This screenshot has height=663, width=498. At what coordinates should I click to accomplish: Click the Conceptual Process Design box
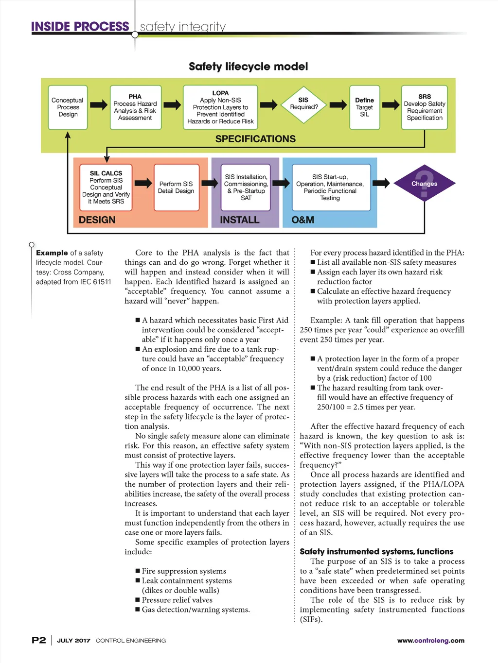click(x=68, y=107)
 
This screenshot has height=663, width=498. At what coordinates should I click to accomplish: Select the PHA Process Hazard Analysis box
click(x=135, y=107)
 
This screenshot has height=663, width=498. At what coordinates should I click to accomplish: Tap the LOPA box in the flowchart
click(x=220, y=107)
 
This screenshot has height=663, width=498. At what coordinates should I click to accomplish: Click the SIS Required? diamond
click(x=304, y=104)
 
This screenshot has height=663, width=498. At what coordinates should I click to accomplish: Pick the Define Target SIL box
click(x=364, y=107)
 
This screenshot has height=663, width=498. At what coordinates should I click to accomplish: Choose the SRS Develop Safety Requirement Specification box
click(x=424, y=107)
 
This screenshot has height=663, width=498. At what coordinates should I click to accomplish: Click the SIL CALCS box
click(x=106, y=187)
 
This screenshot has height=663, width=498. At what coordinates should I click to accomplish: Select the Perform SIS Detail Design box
click(x=176, y=187)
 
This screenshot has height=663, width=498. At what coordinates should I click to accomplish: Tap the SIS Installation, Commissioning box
click(x=246, y=187)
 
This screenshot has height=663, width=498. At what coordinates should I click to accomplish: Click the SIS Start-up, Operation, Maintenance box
click(x=331, y=187)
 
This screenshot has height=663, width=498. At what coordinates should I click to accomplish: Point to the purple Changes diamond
click(x=424, y=184)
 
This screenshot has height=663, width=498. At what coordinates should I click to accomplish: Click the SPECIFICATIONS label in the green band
click(x=255, y=139)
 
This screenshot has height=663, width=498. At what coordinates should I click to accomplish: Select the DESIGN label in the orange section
click(x=97, y=220)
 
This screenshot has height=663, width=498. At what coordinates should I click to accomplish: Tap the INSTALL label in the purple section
click(x=240, y=220)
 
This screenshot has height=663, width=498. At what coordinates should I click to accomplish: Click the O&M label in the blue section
click(x=303, y=220)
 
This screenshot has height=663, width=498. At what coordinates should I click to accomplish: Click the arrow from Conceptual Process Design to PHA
click(x=99, y=105)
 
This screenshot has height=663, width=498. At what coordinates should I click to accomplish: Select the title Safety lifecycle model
click(x=248, y=67)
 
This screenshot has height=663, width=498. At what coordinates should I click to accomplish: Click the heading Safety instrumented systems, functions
click(x=376, y=552)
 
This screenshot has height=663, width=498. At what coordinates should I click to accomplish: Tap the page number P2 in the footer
click(x=39, y=640)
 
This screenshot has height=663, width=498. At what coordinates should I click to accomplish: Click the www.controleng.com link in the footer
click(x=430, y=641)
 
